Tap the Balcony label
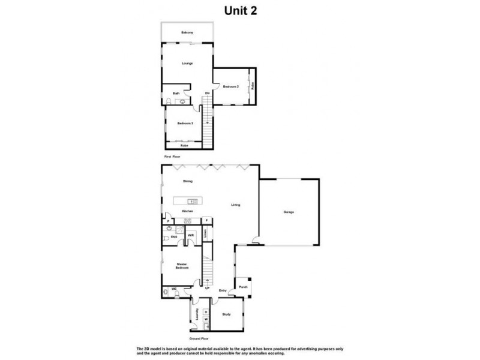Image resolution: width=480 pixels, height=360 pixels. [187, 32]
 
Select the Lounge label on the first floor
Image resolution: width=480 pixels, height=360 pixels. [187, 62]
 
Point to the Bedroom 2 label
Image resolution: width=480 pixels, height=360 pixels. [231, 87]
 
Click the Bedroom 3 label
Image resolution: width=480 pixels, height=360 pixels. [185, 123]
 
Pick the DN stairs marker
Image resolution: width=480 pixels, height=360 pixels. [207, 94]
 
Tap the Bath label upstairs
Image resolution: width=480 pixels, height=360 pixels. [176, 94]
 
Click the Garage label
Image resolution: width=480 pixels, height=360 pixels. [289, 212]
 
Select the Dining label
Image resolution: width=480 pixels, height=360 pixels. [188, 180]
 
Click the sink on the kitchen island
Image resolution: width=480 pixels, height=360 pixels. [190, 201]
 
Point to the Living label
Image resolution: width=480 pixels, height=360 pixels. [236, 205]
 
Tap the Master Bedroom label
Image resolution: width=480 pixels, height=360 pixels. [182, 267]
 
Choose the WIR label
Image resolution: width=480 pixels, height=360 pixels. [190, 235]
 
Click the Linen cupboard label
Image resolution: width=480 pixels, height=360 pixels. [206, 235]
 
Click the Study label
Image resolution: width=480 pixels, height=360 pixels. [226, 314]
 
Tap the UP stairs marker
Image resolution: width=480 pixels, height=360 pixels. [208, 289]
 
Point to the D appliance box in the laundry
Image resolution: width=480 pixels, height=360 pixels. [206, 312]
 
